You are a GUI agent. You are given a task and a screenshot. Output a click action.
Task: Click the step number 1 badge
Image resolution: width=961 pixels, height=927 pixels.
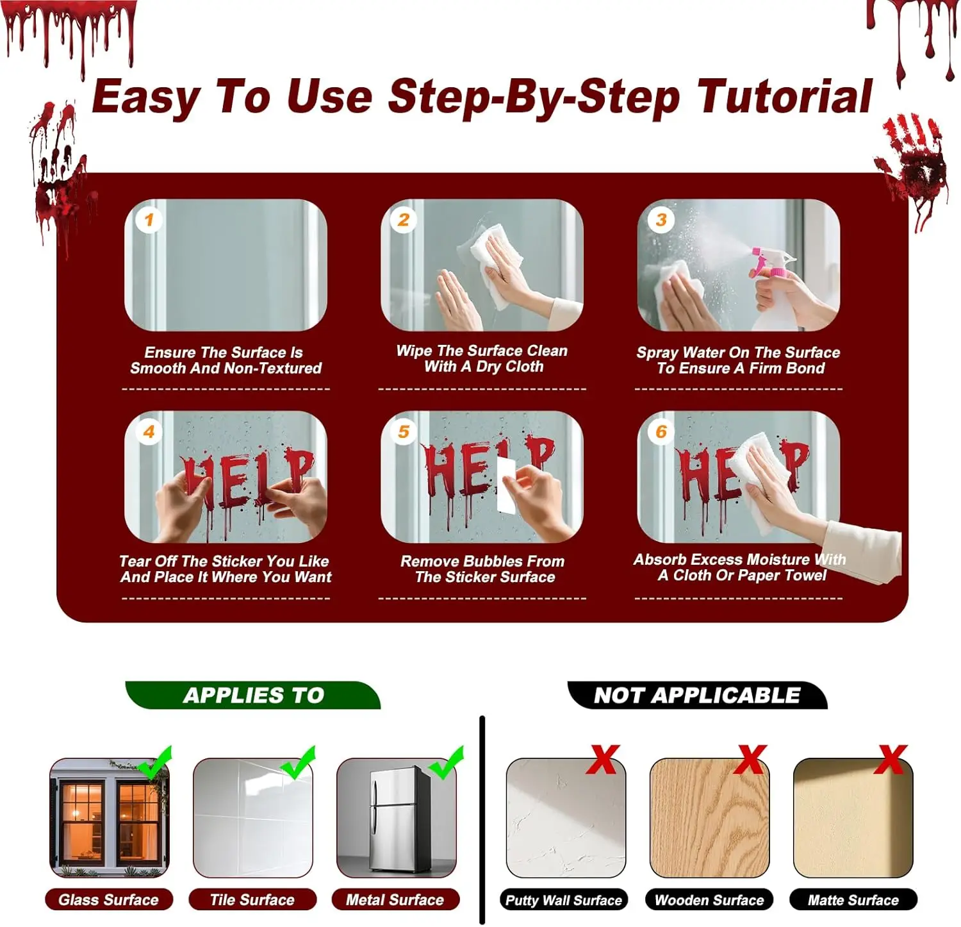coord(149,221)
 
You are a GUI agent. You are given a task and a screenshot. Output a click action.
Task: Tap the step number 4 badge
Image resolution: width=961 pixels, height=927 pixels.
coord(149,431)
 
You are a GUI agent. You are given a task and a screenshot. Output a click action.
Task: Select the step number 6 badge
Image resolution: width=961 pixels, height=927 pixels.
coord(661,431)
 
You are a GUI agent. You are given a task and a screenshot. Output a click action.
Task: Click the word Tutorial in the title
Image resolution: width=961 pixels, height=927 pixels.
coord(785,97)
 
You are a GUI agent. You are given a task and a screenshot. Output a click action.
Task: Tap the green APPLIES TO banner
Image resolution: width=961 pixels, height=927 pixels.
coord(253,695)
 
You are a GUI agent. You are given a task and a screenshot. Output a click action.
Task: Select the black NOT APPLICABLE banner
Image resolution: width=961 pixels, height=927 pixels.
coord(697,695)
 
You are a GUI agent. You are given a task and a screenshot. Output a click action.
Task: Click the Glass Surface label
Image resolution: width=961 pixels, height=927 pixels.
coord(109,899)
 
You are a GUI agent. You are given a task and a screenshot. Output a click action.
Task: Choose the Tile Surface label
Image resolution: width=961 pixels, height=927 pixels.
coord(252,899)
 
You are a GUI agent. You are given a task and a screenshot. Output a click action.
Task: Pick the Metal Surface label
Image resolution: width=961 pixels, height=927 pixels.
coord(395,899)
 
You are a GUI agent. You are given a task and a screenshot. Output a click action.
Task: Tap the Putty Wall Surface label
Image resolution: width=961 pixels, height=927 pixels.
coord(564,899)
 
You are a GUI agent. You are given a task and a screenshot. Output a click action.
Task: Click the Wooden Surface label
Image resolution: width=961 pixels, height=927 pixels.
coord(709,899)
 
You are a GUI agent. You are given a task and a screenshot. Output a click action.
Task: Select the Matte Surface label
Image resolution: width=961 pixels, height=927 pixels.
coord(853,899)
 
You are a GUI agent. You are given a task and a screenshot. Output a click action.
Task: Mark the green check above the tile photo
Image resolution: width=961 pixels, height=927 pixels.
coord(298,762)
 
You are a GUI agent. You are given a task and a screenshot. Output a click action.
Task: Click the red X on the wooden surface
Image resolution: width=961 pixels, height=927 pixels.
coord(750,760)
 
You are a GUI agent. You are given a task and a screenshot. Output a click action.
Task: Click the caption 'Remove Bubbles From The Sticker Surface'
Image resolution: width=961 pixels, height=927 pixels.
coord(484,569)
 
